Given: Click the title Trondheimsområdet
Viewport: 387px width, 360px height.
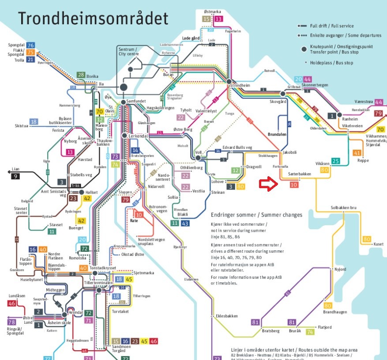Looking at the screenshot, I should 93,19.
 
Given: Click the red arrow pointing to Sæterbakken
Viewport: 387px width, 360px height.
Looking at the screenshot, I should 268,184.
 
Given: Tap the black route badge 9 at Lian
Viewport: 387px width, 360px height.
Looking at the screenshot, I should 16,177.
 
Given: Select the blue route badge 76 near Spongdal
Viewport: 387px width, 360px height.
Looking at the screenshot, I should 30,45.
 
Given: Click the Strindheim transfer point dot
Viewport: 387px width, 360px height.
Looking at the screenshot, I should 229,82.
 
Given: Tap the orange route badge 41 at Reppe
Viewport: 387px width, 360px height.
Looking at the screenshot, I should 357,153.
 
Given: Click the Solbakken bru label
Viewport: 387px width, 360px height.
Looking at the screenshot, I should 343,208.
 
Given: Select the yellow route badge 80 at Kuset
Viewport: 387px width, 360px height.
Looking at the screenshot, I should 367,239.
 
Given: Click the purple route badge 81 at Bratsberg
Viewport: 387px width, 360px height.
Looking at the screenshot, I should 255,322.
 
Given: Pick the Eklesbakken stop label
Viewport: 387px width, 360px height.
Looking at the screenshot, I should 227,316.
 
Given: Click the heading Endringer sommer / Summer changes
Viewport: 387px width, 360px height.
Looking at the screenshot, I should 256,215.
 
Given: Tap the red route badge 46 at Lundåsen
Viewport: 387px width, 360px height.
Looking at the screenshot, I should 12,303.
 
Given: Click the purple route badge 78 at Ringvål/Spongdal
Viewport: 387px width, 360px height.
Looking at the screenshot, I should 12,322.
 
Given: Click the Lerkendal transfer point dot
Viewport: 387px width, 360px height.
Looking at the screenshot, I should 125,136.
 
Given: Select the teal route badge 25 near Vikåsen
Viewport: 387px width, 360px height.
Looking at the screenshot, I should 336,161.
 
